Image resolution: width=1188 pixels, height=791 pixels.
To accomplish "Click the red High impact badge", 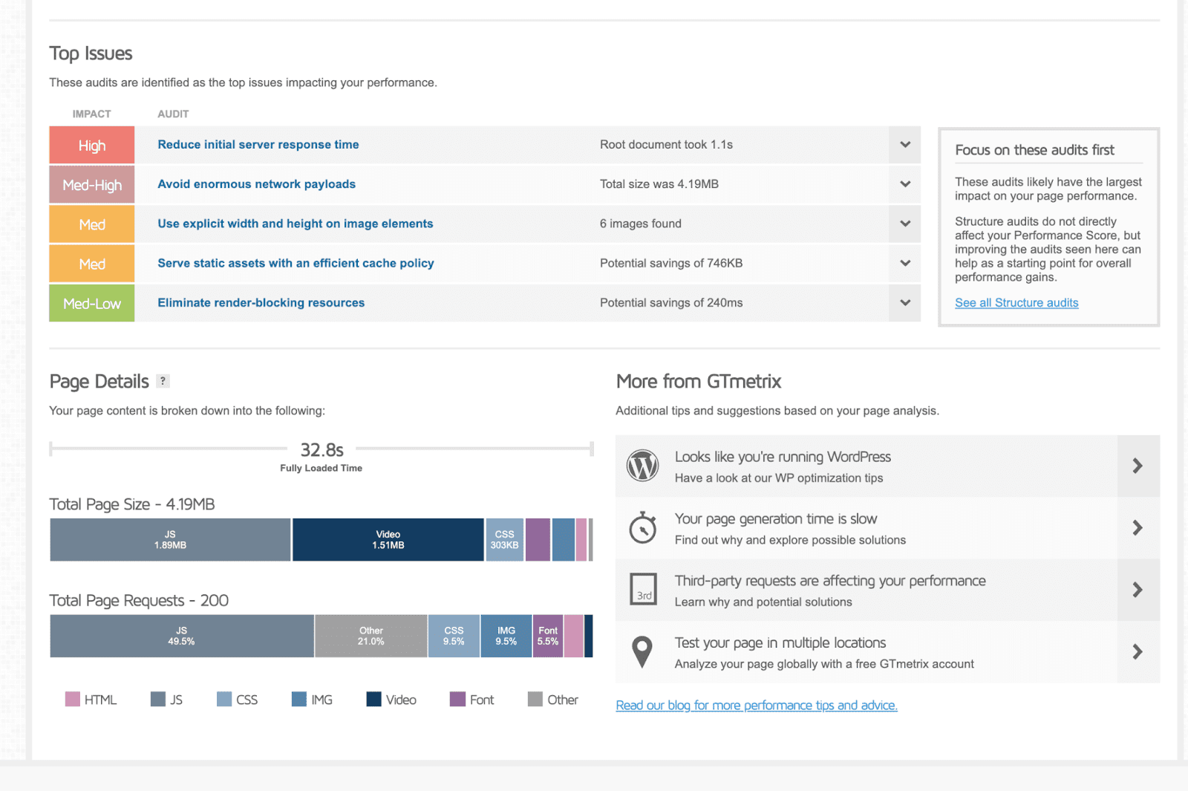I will [x=91, y=145].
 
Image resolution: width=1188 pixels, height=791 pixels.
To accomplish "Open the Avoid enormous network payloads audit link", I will [x=256, y=184].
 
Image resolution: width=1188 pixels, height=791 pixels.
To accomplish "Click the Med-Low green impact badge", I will [x=91, y=303].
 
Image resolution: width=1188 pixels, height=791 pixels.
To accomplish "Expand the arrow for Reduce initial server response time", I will [x=904, y=145].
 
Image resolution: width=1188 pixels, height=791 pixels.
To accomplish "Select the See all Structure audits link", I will [x=1016, y=303].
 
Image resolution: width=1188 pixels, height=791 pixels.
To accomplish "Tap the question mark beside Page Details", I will [x=163, y=381].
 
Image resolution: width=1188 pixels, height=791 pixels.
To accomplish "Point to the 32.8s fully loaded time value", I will [x=322, y=450].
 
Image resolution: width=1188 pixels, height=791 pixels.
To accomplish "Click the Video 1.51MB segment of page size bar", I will [x=388, y=540].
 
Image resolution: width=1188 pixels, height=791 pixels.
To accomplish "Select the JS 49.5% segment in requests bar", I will [x=181, y=636].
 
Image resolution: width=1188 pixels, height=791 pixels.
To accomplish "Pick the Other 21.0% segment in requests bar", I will [x=371, y=636].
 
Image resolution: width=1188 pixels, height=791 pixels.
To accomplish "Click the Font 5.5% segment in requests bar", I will [x=547, y=636].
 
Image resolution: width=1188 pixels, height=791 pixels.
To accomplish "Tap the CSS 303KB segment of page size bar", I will [x=504, y=540].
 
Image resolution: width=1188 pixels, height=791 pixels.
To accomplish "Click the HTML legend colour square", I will [x=72, y=700].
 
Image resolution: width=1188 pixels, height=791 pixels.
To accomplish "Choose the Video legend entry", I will [x=392, y=700].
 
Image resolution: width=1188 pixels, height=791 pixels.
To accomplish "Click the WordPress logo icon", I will [x=642, y=466].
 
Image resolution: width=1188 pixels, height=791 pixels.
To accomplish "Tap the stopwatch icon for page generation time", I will [x=642, y=528].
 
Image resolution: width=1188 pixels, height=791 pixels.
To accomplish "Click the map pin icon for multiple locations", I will [x=642, y=652].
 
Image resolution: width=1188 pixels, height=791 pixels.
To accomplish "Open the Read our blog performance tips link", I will [x=756, y=706].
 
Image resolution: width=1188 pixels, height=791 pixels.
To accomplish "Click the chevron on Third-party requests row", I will [x=1137, y=590].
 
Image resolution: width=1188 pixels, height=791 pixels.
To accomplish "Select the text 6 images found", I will [x=640, y=224].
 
